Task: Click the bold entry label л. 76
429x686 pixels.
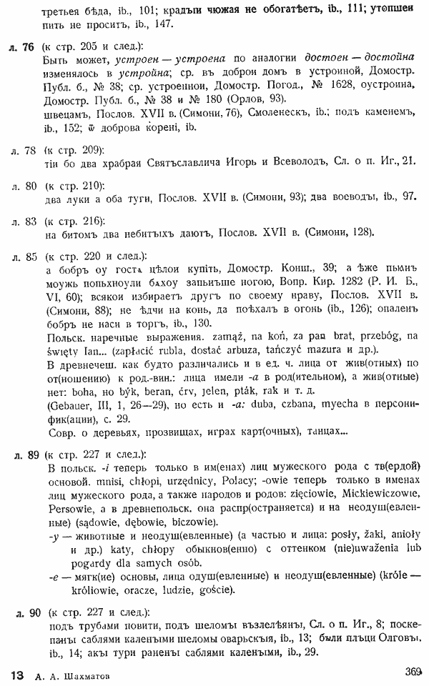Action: [24, 47]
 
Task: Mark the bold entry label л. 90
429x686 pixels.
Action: [28, 612]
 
